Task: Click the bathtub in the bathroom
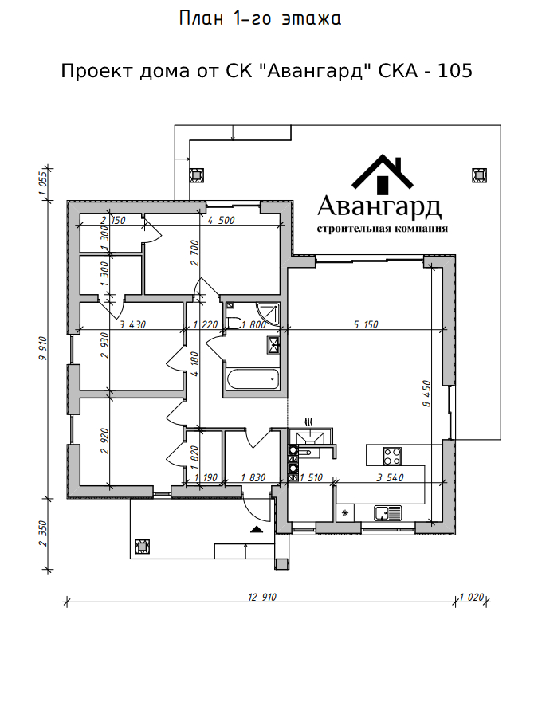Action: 253,379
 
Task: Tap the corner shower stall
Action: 268,313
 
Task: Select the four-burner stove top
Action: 391,456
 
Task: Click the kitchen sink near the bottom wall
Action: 387,513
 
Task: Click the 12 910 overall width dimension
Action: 262,597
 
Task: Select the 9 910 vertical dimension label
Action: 43,348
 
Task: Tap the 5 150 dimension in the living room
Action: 366,324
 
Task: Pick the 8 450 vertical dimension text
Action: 426,394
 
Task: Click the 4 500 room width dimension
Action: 221,220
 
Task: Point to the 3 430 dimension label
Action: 132,324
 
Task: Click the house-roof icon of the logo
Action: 383,172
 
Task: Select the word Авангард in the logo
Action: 379,207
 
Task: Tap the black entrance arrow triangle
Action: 256,529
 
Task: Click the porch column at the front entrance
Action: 143,547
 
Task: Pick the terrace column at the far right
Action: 479,175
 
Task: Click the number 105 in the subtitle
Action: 455,71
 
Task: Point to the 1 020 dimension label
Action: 471,597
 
